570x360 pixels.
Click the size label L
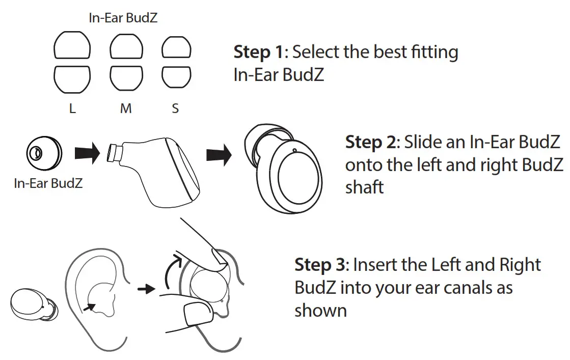(x=73, y=109)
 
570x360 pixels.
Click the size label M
(x=126, y=109)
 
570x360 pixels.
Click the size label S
(x=175, y=109)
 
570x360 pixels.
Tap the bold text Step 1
(x=259, y=52)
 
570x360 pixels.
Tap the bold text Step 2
(x=371, y=142)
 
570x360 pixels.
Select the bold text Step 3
(x=320, y=265)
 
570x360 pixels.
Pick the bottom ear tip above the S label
(x=176, y=77)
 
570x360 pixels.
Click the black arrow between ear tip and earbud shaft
(x=87, y=154)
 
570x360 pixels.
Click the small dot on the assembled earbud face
(x=294, y=150)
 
